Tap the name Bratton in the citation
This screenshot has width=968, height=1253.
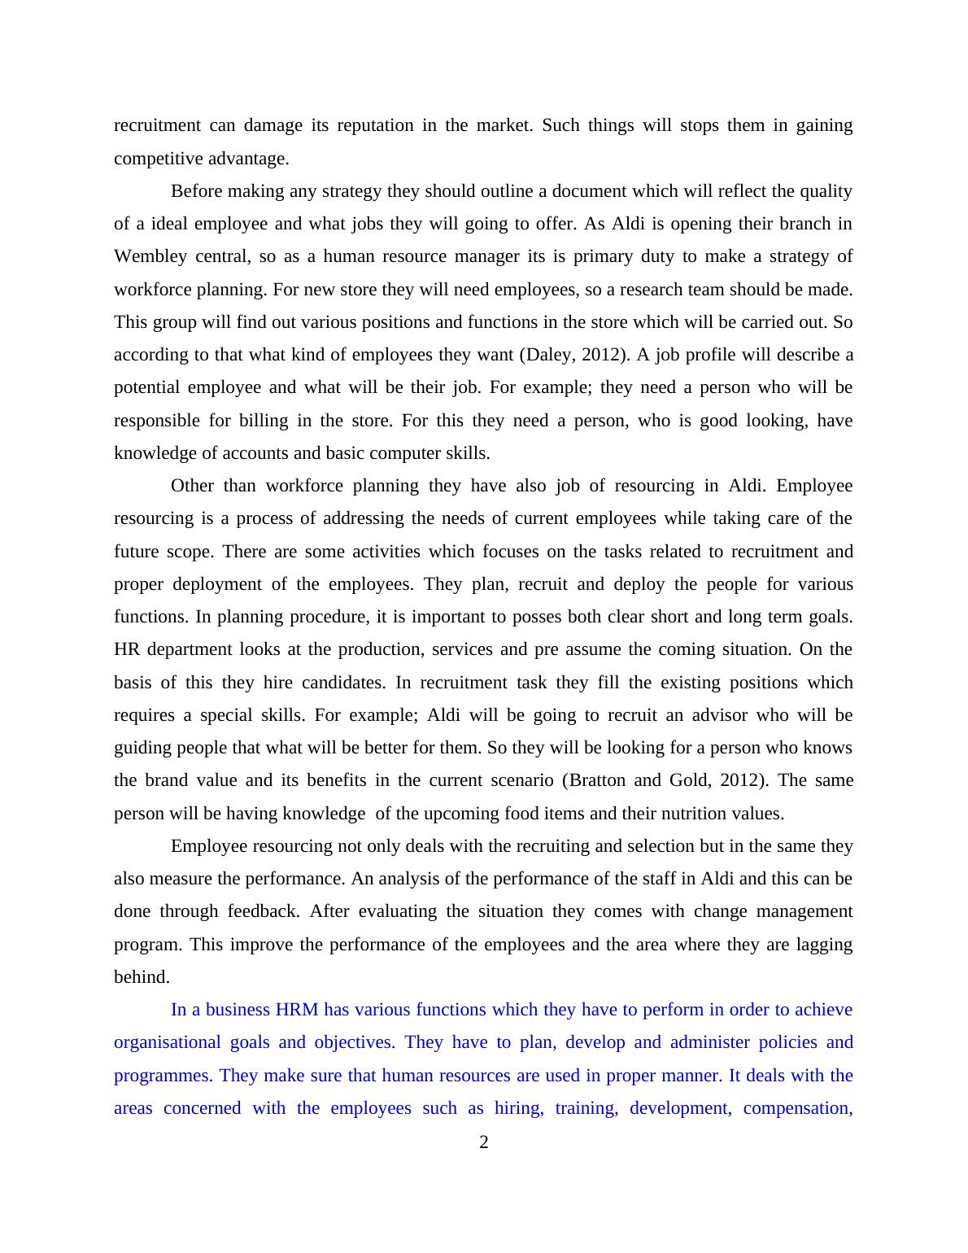point(599,780)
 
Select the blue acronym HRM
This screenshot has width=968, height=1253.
point(297,1010)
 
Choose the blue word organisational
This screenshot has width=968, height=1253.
point(167,1042)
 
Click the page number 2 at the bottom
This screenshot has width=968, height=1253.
point(484,1143)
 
